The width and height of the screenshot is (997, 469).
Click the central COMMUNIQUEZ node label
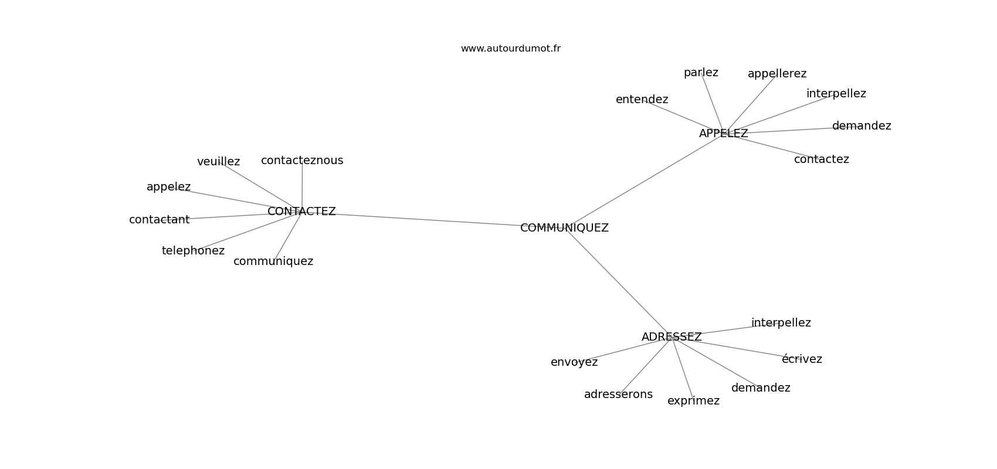[564, 228]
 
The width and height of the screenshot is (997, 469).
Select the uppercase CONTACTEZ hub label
[301, 212]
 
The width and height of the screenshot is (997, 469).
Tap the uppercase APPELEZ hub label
[723, 134]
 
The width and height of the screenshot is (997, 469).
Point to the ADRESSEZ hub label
[671, 337]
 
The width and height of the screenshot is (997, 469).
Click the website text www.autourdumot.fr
[510, 49]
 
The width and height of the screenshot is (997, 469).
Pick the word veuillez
[219, 162]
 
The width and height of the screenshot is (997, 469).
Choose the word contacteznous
[302, 160]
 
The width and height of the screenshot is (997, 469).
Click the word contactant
[160, 220]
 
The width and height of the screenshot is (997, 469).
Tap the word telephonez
[193, 251]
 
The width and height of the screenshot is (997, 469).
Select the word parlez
[701, 73]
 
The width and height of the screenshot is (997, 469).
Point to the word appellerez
[777, 74]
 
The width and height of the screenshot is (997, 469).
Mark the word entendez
[642, 100]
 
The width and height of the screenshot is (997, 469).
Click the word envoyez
[574, 362]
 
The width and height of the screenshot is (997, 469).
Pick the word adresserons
[618, 394]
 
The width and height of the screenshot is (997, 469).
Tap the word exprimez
[693, 401]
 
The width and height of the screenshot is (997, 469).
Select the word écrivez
[802, 359]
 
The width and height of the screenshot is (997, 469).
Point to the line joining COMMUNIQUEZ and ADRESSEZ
[618, 283]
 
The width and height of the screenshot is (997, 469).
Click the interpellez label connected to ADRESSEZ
[781, 322]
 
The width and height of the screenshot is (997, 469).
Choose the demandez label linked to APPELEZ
[862, 126]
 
